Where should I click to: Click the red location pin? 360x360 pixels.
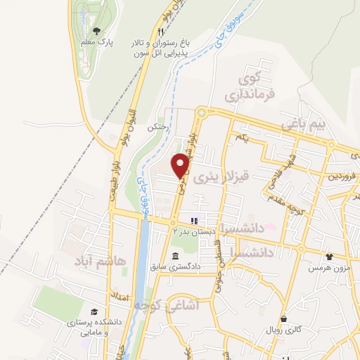[x=181, y=165]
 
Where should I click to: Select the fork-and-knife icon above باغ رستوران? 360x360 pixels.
[x=160, y=32]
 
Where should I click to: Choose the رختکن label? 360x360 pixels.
[x=158, y=128]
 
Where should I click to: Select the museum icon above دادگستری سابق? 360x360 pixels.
[x=174, y=255]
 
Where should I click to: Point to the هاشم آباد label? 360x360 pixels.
[x=102, y=262]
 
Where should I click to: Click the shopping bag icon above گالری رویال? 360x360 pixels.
[x=283, y=319]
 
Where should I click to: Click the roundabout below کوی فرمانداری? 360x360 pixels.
[x=202, y=110]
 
